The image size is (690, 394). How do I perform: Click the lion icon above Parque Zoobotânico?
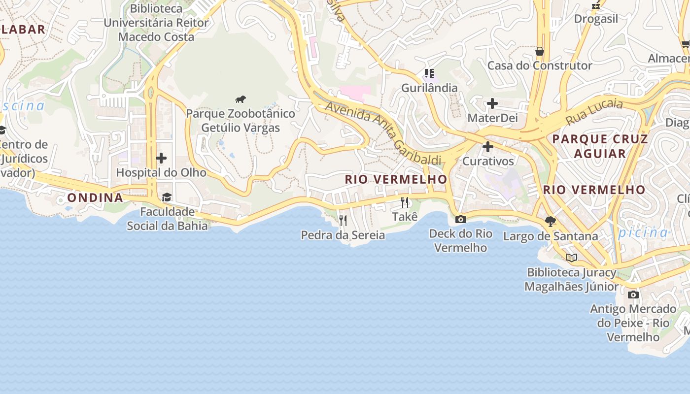pyautogui.click(x=241, y=99)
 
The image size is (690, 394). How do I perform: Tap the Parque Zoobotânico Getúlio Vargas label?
pyautogui.click(x=241, y=121)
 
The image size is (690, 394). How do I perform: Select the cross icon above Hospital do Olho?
pyautogui.click(x=161, y=158)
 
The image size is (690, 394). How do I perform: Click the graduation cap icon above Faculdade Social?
pyautogui.click(x=167, y=197)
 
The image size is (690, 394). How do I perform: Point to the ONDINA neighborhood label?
pyautogui.click(x=95, y=198)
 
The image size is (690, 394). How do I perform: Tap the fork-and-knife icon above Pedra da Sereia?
pyautogui.click(x=343, y=220)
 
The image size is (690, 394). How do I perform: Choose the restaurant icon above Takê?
pyautogui.click(x=405, y=202)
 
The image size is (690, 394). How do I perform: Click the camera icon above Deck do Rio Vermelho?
pyautogui.click(x=461, y=219)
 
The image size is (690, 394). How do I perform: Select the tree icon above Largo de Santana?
pyautogui.click(x=551, y=222)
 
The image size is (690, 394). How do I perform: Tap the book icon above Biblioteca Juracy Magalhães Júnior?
pyautogui.click(x=572, y=258)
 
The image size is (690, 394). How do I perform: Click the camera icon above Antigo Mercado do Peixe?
pyautogui.click(x=633, y=295)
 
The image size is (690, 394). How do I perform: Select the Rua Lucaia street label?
pyautogui.click(x=594, y=112)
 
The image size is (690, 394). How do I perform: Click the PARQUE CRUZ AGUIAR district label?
pyautogui.click(x=600, y=146)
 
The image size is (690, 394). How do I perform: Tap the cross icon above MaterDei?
pyautogui.click(x=492, y=104)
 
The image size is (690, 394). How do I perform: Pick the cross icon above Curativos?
pyautogui.click(x=488, y=147)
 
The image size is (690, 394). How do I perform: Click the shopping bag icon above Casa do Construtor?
pyautogui.click(x=540, y=51)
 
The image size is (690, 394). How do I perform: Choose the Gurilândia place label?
pyautogui.click(x=429, y=88)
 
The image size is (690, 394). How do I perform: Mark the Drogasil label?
pyautogui.click(x=596, y=19)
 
